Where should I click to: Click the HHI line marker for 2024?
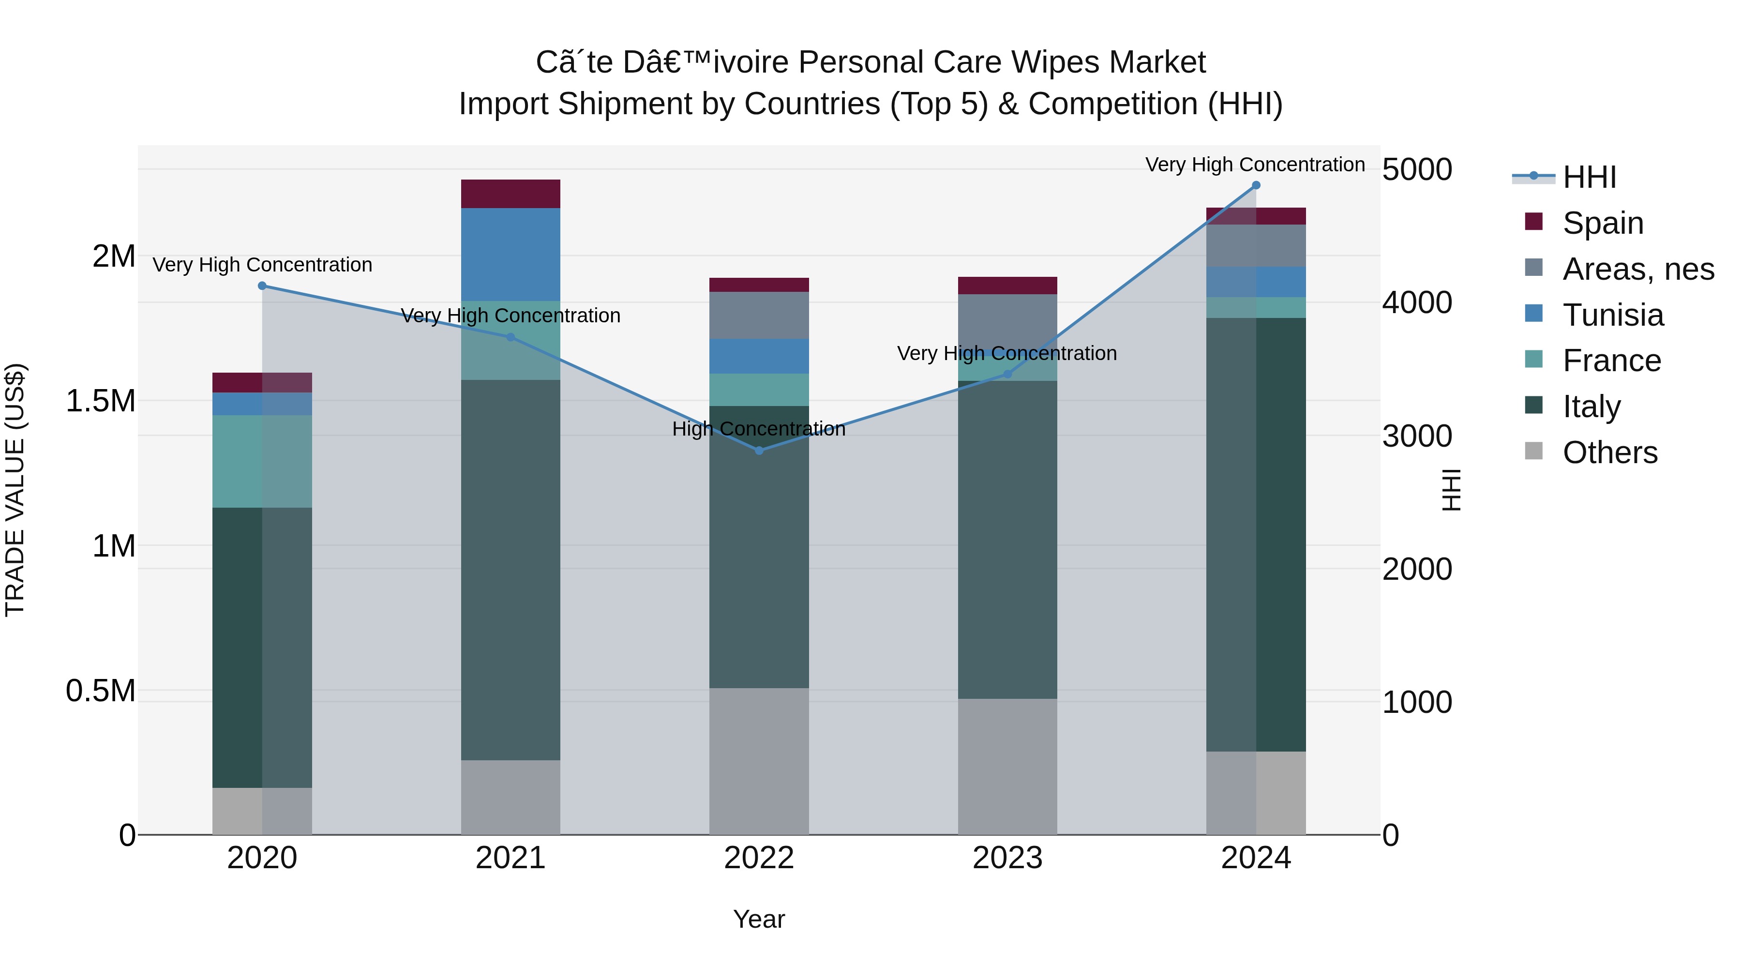(1256, 185)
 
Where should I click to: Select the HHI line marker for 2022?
(759, 451)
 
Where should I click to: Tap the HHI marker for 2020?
(262, 286)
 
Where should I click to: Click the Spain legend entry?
(1602, 223)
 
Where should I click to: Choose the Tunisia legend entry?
(1612, 315)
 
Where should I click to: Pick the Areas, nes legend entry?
(1637, 269)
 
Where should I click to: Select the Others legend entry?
(1609, 452)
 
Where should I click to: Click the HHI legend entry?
(1589, 177)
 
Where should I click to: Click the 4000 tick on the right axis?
(1417, 302)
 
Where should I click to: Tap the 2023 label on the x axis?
(1007, 858)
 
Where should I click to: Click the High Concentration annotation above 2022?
(759, 429)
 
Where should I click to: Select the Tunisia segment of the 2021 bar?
(511, 254)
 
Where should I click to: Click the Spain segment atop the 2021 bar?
(511, 194)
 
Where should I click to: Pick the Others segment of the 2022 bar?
(759, 761)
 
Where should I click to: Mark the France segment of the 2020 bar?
(262, 461)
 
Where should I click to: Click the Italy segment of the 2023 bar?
(1007, 540)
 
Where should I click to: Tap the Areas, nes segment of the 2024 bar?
(1256, 245)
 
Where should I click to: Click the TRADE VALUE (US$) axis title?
(15, 490)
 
